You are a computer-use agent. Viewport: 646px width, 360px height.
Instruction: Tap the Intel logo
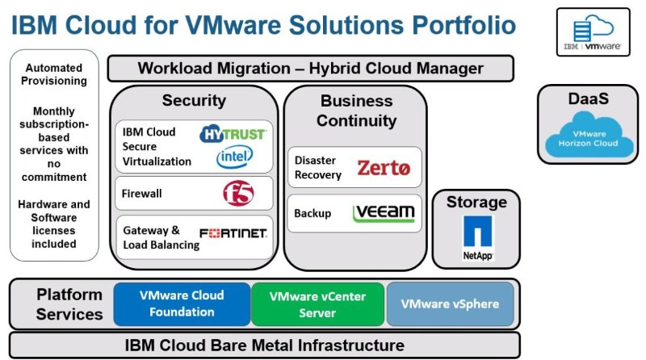[234, 157]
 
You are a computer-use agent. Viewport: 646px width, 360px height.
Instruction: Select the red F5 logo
[238, 194]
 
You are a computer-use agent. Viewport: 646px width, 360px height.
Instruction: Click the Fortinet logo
[233, 233]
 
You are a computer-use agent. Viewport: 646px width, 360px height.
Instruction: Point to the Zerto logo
[384, 169]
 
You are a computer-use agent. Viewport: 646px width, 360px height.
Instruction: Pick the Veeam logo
[384, 213]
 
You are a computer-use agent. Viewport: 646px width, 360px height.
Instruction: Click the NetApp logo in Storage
[478, 237]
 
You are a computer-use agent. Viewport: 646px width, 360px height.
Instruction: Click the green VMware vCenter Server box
[317, 303]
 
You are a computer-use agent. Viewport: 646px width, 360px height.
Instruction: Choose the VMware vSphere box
[450, 303]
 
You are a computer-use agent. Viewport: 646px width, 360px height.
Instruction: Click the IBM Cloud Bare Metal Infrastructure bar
[265, 345]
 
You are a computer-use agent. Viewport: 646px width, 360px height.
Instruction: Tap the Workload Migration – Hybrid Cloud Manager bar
[310, 68]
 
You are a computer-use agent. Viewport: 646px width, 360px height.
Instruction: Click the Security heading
[194, 101]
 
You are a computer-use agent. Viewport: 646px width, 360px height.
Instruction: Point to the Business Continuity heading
[356, 111]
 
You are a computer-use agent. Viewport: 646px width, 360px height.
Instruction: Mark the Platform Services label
[69, 303]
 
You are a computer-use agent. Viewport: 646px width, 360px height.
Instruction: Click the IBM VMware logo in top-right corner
[593, 32]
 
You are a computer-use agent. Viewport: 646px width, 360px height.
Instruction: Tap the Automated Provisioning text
[54, 75]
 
